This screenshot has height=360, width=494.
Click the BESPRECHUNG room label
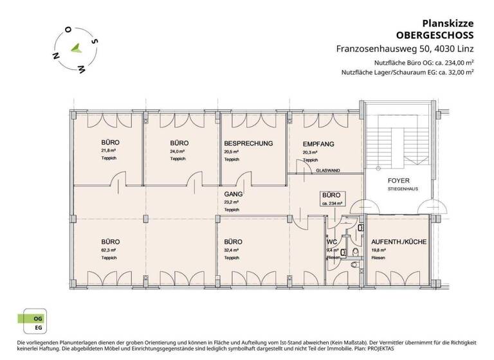click(248, 143)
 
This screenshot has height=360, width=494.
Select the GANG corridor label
click(232, 194)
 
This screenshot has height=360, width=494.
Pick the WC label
click(332, 242)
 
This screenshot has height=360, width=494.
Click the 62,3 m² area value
click(108, 250)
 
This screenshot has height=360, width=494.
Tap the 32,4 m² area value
click(231, 250)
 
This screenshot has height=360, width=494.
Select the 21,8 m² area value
click(108, 151)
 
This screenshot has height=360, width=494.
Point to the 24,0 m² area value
click(178, 151)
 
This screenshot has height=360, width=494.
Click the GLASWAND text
click(328, 170)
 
